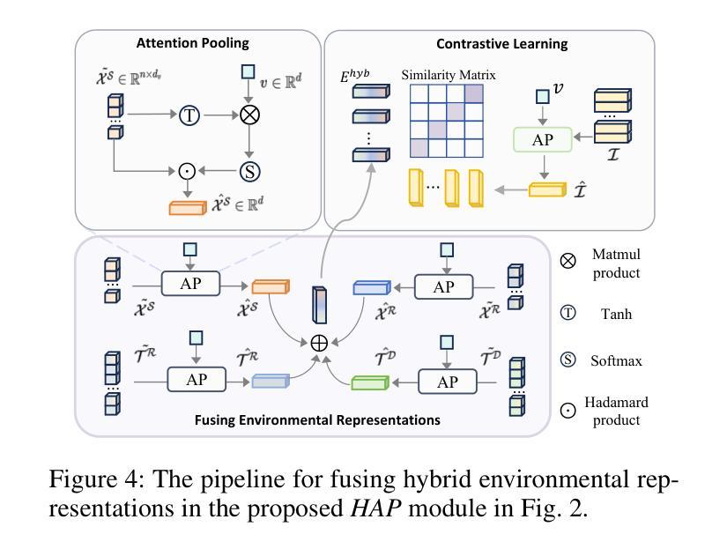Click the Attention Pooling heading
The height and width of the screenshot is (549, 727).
(x=192, y=42)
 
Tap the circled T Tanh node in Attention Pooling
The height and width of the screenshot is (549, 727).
(x=189, y=115)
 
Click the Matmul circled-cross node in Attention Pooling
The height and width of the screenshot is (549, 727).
(x=250, y=115)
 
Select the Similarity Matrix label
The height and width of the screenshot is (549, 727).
(x=449, y=75)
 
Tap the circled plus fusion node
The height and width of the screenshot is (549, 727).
(x=319, y=343)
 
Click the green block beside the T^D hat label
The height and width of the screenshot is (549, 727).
(x=369, y=382)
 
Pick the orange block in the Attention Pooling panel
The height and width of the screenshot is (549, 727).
(x=186, y=209)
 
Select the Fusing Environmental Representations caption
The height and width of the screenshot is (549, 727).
(x=317, y=420)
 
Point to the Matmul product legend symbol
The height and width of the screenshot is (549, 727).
(x=568, y=261)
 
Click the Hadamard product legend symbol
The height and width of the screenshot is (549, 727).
(x=568, y=410)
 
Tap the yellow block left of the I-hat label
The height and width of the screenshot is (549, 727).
(x=546, y=189)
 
